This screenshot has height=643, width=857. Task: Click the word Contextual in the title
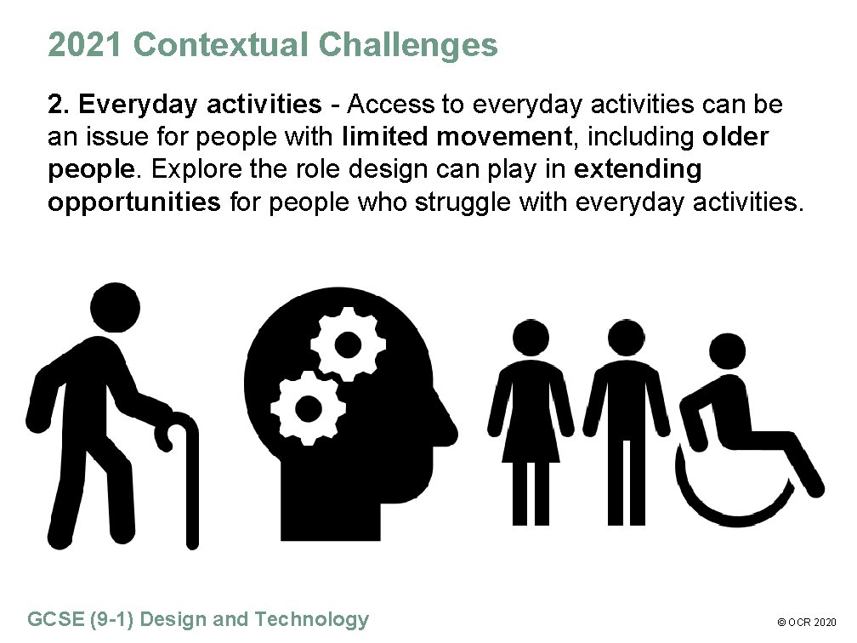(x=222, y=45)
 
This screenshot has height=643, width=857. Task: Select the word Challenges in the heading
(x=408, y=45)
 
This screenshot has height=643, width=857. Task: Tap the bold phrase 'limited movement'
(x=453, y=137)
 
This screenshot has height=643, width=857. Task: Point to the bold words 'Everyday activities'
(x=199, y=105)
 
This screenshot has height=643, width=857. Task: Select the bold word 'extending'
(x=638, y=169)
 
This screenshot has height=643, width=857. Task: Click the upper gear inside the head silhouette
(x=347, y=344)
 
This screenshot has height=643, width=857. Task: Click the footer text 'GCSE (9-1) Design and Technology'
(x=199, y=619)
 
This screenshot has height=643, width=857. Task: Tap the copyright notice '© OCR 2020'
(x=809, y=623)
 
